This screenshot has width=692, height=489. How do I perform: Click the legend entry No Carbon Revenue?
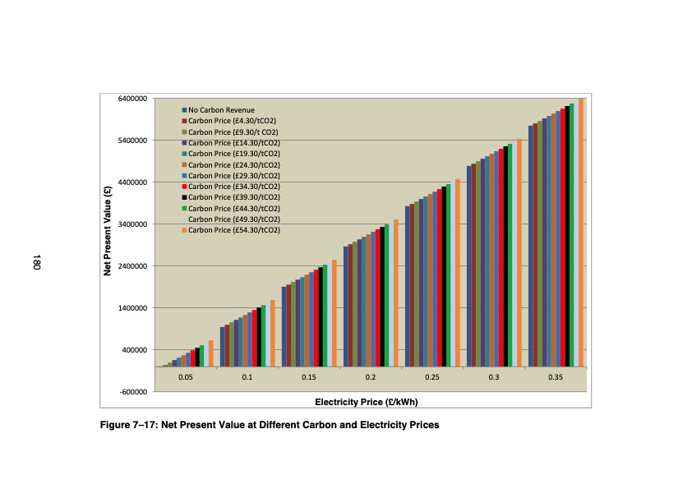[x=221, y=109]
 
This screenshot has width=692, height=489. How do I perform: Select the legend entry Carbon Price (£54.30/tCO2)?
[x=234, y=230]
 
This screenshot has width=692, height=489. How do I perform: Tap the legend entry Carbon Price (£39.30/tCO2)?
[x=234, y=197]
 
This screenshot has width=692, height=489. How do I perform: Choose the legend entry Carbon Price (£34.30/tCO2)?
[x=234, y=187]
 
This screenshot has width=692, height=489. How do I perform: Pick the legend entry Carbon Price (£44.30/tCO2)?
[x=234, y=209]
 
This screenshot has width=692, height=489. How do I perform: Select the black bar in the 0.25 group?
[x=444, y=276]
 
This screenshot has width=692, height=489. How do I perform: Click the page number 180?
[x=36, y=263]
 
